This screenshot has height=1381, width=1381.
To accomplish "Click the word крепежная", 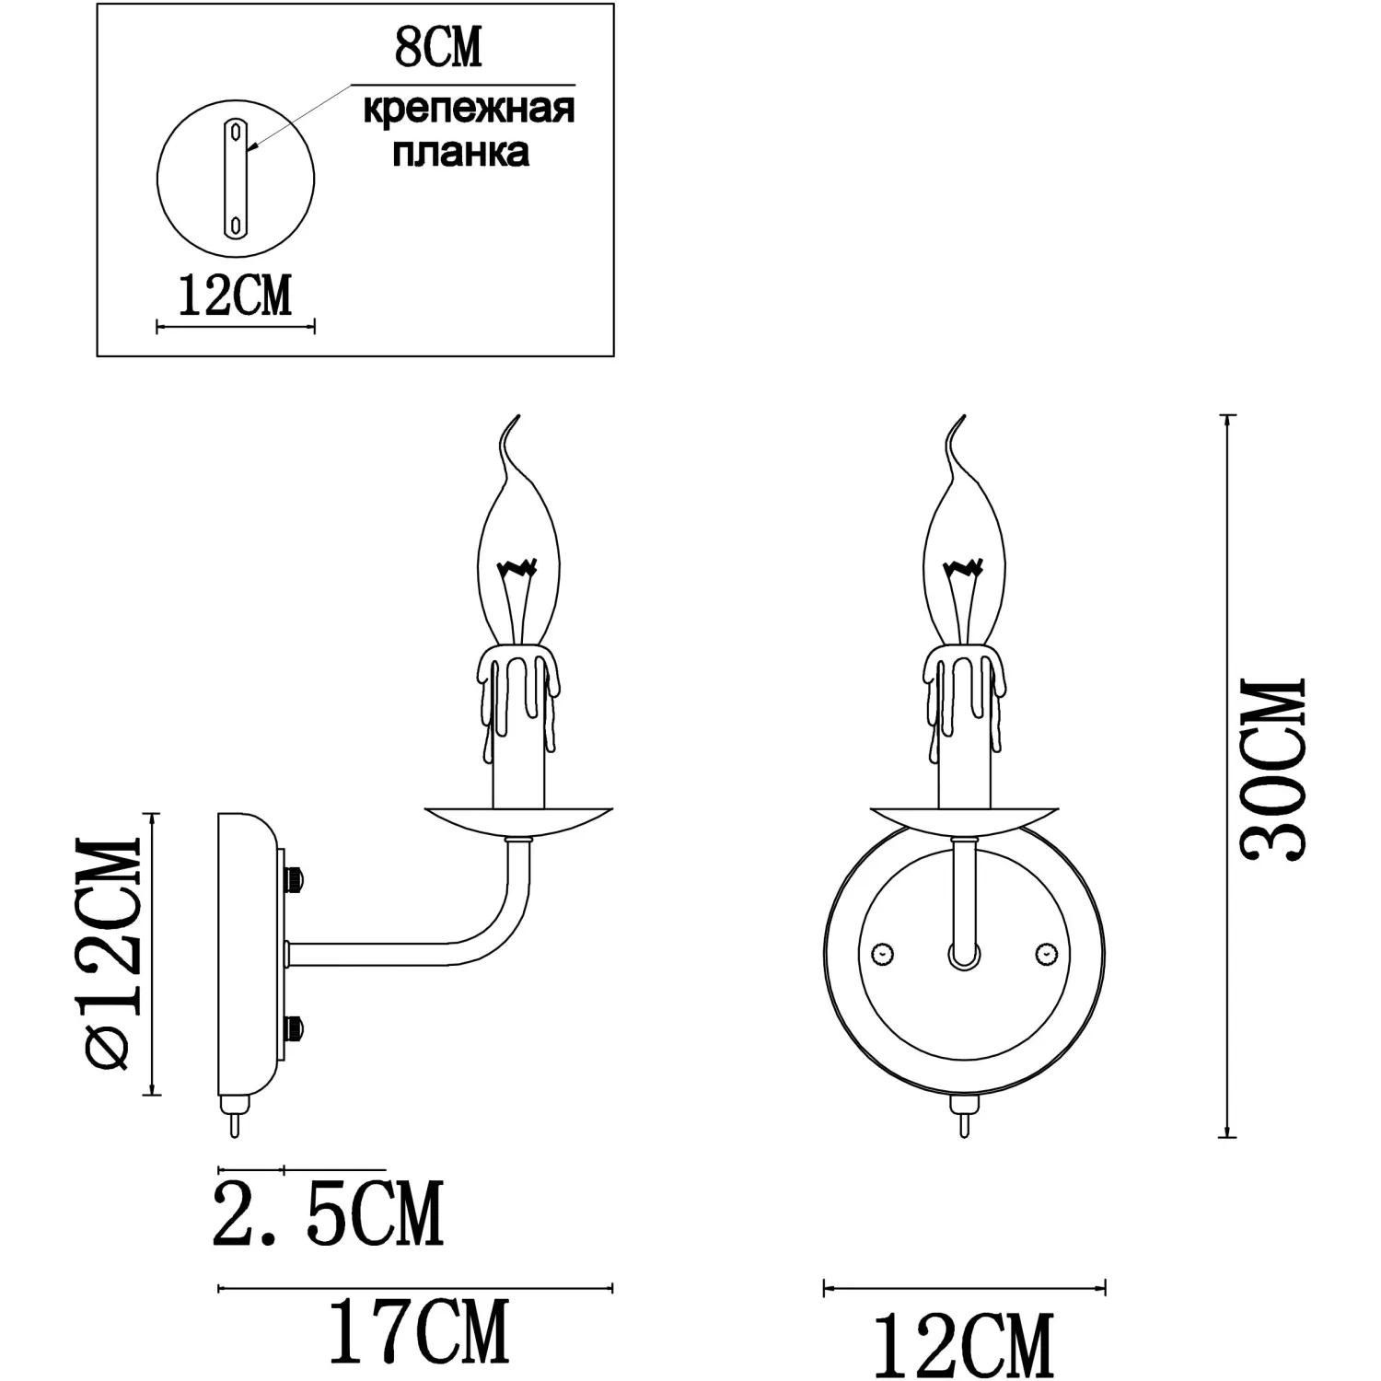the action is tap(469, 110).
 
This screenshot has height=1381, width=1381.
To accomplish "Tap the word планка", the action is tap(460, 152).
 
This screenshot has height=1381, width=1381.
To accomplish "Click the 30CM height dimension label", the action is tap(1273, 770).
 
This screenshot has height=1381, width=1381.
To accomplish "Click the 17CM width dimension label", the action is tap(419, 1331).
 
